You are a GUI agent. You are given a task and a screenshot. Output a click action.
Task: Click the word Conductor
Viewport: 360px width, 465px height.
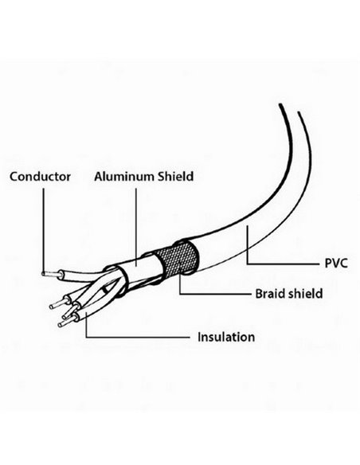40,177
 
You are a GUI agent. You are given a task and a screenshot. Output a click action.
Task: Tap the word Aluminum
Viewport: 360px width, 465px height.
124,177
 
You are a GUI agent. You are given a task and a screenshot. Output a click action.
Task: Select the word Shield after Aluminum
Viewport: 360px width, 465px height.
175,177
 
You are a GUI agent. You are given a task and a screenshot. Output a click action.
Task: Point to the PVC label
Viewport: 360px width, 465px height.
336,263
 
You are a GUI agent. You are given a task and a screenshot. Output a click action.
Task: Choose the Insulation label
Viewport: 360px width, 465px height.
226,337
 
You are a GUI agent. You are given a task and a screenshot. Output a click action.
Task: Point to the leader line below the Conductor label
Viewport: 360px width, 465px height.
44,230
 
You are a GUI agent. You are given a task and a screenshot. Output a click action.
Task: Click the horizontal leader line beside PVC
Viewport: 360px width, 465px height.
283,264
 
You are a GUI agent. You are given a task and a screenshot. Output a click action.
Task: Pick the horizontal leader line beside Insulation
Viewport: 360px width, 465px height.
138,337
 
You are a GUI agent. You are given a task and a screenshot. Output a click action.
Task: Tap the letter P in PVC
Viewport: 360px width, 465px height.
328,263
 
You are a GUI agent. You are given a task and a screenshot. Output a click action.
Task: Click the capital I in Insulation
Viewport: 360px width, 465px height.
199,337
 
